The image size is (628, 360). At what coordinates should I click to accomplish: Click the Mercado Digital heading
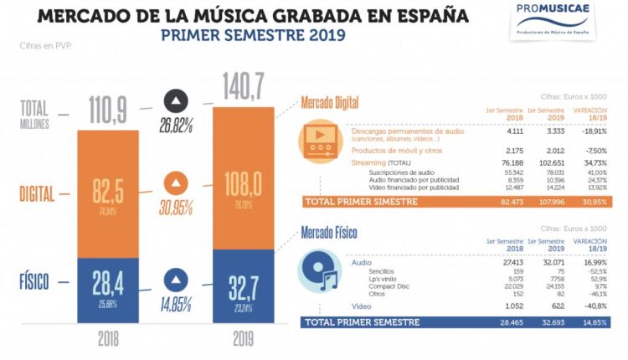pyautogui.click(x=331, y=103)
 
